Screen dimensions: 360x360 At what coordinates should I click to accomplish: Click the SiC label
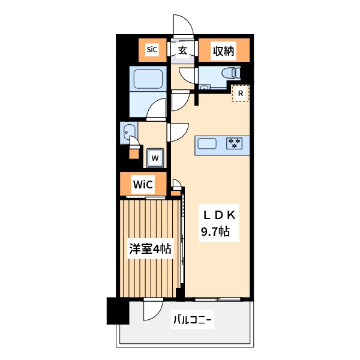[x=152, y=49]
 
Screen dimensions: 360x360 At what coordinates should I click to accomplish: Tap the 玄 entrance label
[x=182, y=50]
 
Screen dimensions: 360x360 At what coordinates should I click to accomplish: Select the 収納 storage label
[x=223, y=51]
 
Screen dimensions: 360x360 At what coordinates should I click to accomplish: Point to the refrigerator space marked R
[x=241, y=93]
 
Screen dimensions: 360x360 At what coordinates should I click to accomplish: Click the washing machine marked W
[x=155, y=158]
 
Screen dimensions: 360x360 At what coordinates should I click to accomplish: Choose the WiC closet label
[x=143, y=184]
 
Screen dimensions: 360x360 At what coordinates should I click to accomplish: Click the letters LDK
[x=219, y=215]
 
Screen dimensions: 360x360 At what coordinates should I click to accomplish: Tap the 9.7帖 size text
[x=215, y=232]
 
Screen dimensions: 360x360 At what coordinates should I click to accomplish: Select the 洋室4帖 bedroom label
[x=150, y=248]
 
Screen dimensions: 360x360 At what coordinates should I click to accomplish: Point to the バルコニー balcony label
[x=192, y=319]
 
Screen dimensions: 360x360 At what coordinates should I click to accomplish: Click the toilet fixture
[x=231, y=73]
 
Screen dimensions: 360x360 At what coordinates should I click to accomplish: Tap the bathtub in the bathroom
[x=148, y=79]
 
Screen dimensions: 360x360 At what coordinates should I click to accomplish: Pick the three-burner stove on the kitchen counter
[x=234, y=143]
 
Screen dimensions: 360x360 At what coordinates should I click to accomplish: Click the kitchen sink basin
[x=207, y=144]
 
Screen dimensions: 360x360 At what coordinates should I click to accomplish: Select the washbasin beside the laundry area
[x=129, y=133]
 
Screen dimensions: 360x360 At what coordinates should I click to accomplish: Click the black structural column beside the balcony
[x=118, y=311]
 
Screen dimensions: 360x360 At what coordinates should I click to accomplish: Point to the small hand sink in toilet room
[x=205, y=88]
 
